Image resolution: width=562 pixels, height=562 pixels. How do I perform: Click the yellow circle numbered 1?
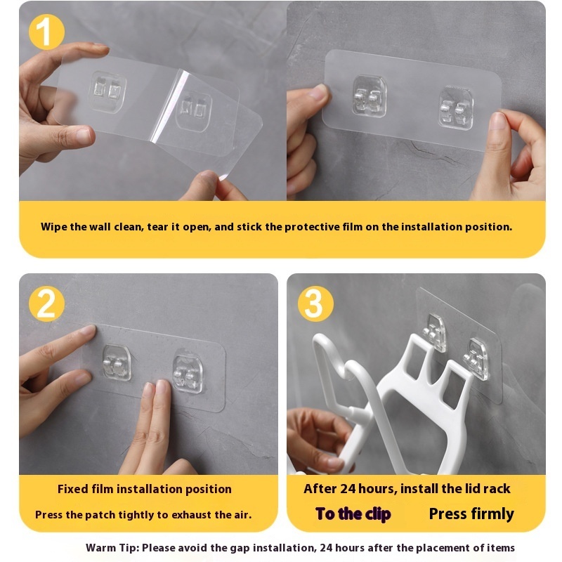point(46,32)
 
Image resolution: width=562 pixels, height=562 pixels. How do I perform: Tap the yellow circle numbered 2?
point(46,303)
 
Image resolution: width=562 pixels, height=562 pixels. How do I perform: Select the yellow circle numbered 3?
point(315,303)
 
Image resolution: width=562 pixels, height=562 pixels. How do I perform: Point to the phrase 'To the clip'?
point(353,514)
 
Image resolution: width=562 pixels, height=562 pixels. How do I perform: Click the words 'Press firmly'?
point(471,514)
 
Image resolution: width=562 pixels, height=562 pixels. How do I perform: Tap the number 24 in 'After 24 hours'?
point(348,488)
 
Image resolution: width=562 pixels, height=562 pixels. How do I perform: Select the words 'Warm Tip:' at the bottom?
point(112,548)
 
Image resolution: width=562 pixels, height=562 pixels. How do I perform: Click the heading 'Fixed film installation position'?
point(145,489)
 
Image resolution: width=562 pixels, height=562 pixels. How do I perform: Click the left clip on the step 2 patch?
point(117,362)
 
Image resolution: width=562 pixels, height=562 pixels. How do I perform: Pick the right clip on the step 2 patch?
point(188,374)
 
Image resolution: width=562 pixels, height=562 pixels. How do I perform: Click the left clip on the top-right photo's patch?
point(370,96)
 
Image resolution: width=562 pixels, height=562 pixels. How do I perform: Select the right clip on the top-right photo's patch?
point(456,107)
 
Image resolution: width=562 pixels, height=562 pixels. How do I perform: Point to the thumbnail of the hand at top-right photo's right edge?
point(498,121)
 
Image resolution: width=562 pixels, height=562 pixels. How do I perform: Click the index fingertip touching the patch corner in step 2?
point(89,329)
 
